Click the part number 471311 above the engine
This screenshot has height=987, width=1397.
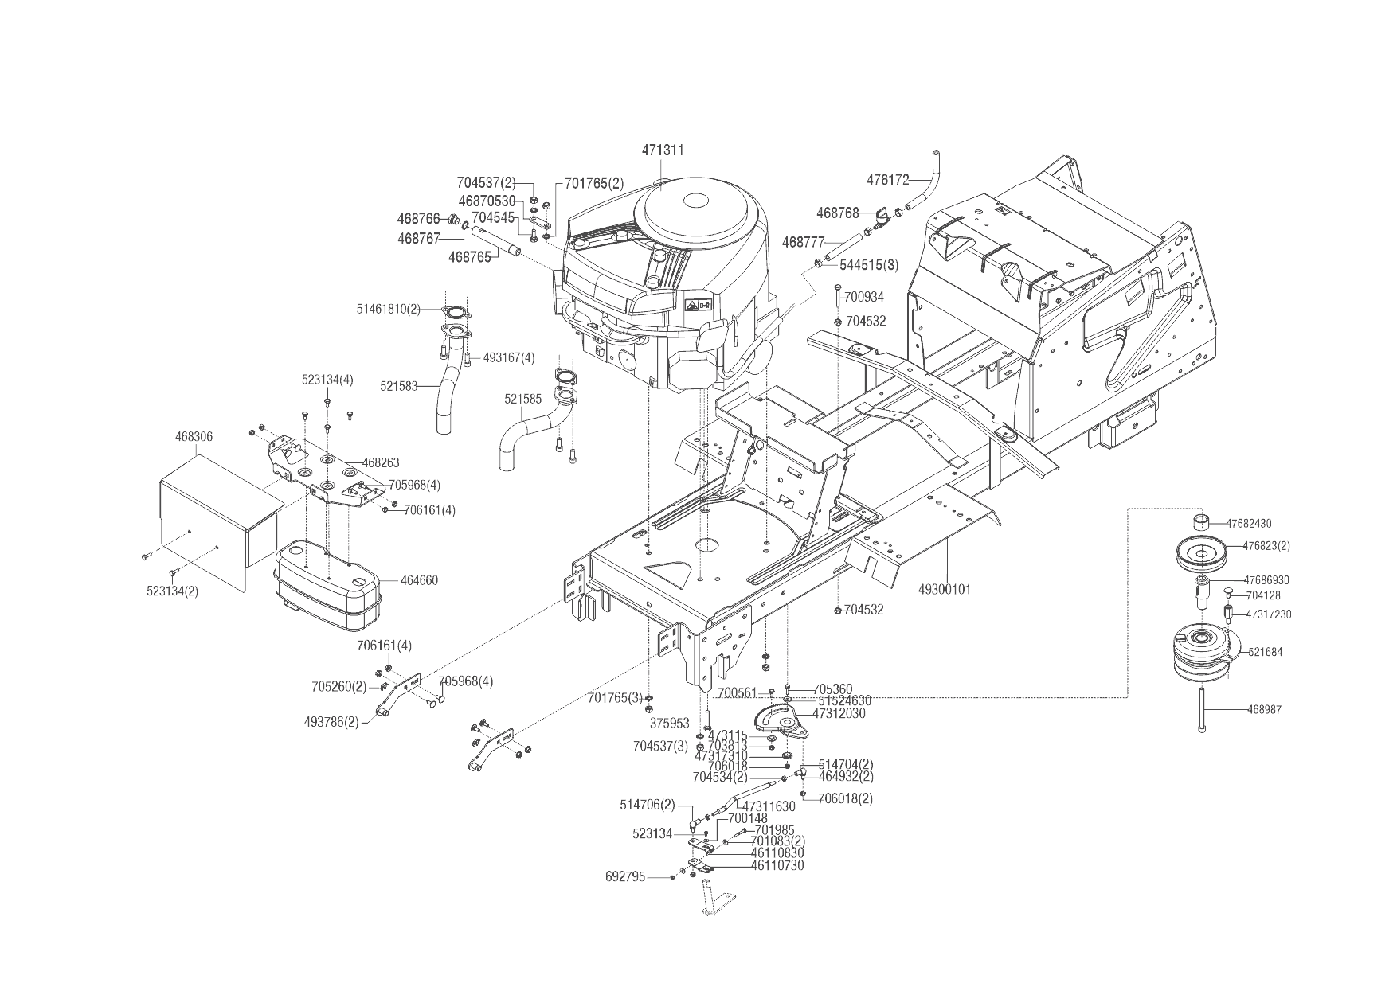pyautogui.click(x=663, y=150)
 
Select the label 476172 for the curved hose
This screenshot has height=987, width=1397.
pyautogui.click(x=888, y=181)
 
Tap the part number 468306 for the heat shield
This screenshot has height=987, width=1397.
pyautogui.click(x=194, y=437)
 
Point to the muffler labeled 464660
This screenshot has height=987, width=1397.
pyautogui.click(x=327, y=575)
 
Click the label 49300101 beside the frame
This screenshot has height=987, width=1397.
pyautogui.click(x=945, y=590)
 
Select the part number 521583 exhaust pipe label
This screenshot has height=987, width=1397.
pyautogui.click(x=399, y=387)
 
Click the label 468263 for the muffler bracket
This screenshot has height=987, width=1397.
pyautogui.click(x=381, y=462)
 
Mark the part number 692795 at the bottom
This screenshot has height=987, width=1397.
pyautogui.click(x=625, y=877)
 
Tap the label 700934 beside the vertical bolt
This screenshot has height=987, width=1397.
pyautogui.click(x=864, y=298)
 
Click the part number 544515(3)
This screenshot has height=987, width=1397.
pyautogui.click(x=869, y=265)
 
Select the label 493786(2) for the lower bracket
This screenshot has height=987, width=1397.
pyautogui.click(x=331, y=722)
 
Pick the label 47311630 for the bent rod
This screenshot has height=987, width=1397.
pyautogui.click(x=769, y=807)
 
